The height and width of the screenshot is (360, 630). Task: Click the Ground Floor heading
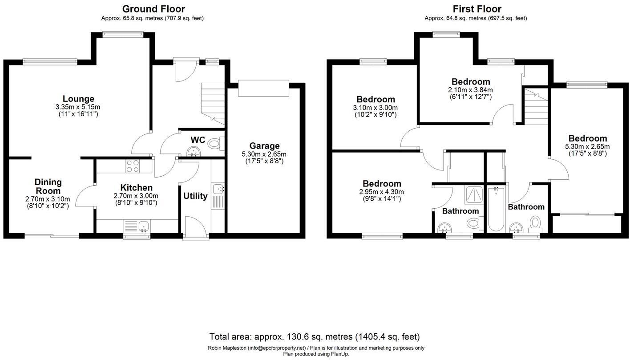click(153, 9)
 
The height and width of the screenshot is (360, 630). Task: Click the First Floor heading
click(477, 9)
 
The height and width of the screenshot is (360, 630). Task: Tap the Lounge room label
click(78, 99)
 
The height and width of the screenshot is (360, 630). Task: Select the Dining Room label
click(48, 186)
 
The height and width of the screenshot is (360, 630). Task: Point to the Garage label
click(264, 146)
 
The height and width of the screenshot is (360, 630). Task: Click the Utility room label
click(195, 196)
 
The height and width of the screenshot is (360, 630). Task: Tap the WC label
click(198, 140)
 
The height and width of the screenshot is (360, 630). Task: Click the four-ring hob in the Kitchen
click(132, 166)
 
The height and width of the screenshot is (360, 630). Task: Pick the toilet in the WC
click(215, 143)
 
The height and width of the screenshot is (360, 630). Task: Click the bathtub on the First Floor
click(496, 209)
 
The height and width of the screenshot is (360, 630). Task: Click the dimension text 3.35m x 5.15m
click(78, 107)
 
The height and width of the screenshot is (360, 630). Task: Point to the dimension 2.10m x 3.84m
click(470, 90)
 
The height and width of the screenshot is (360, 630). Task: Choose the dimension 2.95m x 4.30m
click(382, 192)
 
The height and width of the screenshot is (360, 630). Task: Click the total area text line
click(315, 337)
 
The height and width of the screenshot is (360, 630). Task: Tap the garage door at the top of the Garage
click(263, 88)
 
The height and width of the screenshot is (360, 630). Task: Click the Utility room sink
click(218, 189)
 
